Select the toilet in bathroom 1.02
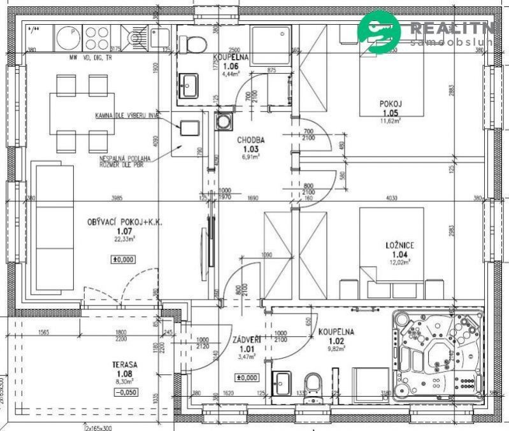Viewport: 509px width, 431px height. pyautogui.click(x=313, y=386)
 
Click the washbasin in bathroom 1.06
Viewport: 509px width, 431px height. pyautogui.click(x=188, y=85)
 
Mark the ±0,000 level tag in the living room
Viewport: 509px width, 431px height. pyautogui.click(x=124, y=260)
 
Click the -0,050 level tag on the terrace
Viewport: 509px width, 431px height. pyautogui.click(x=124, y=392)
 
